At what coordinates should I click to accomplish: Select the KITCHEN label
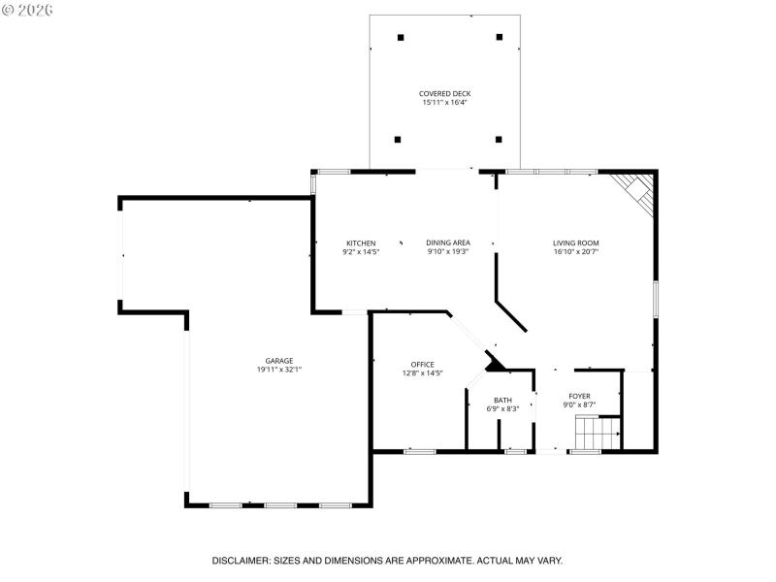361,242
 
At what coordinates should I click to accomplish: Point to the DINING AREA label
448,242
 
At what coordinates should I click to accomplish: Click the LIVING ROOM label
576,242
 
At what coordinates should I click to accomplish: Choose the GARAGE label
279,361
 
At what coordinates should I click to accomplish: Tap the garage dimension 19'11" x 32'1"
279,370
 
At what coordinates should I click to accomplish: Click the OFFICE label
422,365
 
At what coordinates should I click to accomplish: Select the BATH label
502,400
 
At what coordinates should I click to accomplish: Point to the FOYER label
579,396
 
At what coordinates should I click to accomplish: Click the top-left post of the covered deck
401,37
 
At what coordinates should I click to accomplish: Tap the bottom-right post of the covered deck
499,139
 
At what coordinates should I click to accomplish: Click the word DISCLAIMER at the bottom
243,561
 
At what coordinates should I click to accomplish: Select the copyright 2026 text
29,10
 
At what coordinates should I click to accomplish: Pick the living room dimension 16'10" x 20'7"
576,252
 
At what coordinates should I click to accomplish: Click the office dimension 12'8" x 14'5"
422,373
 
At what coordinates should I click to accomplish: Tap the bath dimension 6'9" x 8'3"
502,408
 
